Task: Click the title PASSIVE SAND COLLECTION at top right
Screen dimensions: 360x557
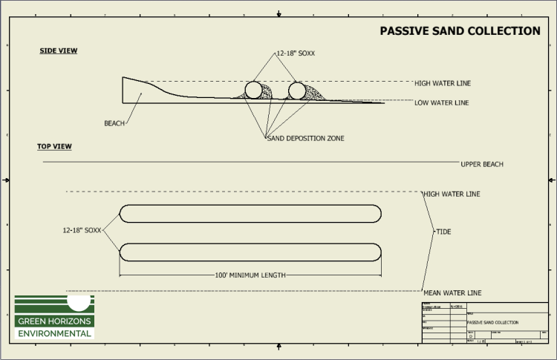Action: pyautogui.click(x=460, y=31)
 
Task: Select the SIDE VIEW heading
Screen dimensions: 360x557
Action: pyautogui.click(x=59, y=51)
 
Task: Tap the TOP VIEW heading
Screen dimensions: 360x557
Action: pyautogui.click(x=54, y=146)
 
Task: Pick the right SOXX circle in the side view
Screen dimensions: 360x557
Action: pyautogui.click(x=297, y=91)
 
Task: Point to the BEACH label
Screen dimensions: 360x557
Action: pyautogui.click(x=114, y=123)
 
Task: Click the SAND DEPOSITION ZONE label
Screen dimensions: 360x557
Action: pyautogui.click(x=305, y=138)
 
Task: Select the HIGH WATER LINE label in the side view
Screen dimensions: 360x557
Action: pyautogui.click(x=443, y=83)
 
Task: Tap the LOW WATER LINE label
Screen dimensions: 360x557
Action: pyautogui.click(x=441, y=102)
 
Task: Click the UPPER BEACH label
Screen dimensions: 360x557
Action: pyautogui.click(x=481, y=164)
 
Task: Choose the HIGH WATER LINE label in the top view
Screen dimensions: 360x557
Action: pyautogui.click(x=451, y=194)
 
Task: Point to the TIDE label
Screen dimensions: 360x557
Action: pyautogui.click(x=443, y=232)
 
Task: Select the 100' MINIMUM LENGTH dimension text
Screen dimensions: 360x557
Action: pyautogui.click(x=250, y=275)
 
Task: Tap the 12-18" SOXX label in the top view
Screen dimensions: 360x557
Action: pyautogui.click(x=82, y=231)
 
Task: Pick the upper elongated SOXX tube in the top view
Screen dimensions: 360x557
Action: pyautogui.click(x=250, y=213)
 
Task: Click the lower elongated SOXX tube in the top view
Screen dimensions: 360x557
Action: pyautogui.click(x=250, y=252)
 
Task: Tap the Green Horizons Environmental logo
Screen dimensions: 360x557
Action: pyautogui.click(x=54, y=317)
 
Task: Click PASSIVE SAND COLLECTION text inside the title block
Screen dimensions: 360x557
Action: pyautogui.click(x=493, y=323)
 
